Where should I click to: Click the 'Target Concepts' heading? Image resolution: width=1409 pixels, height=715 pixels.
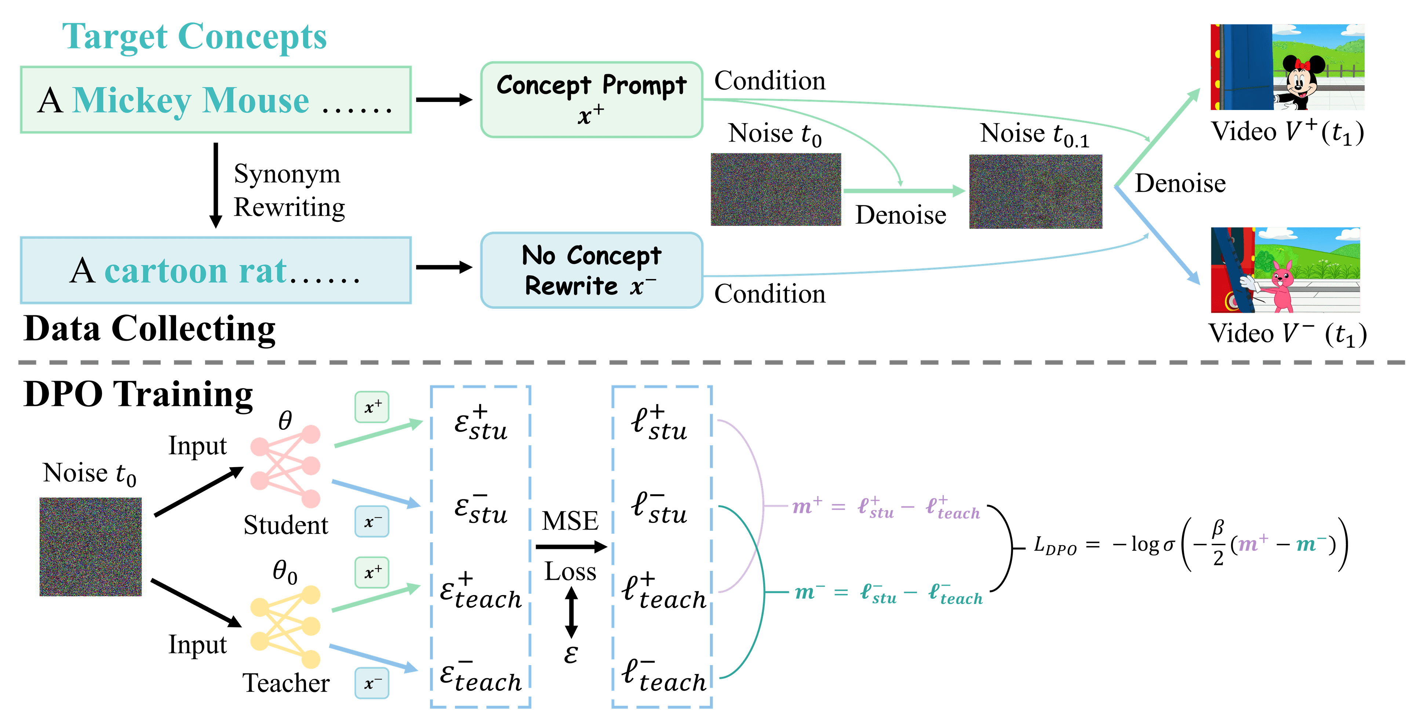194,37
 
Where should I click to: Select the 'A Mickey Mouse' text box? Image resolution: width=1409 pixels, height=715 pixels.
215,100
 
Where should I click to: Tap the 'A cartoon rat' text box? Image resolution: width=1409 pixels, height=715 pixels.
215,270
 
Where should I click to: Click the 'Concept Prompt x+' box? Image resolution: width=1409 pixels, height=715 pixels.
591,99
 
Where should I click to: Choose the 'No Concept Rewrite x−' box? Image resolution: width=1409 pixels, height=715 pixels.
591,270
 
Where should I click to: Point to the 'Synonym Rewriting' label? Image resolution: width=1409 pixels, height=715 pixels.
288,190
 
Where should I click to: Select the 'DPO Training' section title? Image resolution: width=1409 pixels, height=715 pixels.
138,394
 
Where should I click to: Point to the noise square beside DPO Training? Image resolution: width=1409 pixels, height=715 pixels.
91,547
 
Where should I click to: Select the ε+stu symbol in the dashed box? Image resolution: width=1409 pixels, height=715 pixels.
481,423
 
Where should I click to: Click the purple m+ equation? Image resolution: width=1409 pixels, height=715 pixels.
886,507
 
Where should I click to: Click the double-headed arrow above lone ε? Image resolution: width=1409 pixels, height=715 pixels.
571,612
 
